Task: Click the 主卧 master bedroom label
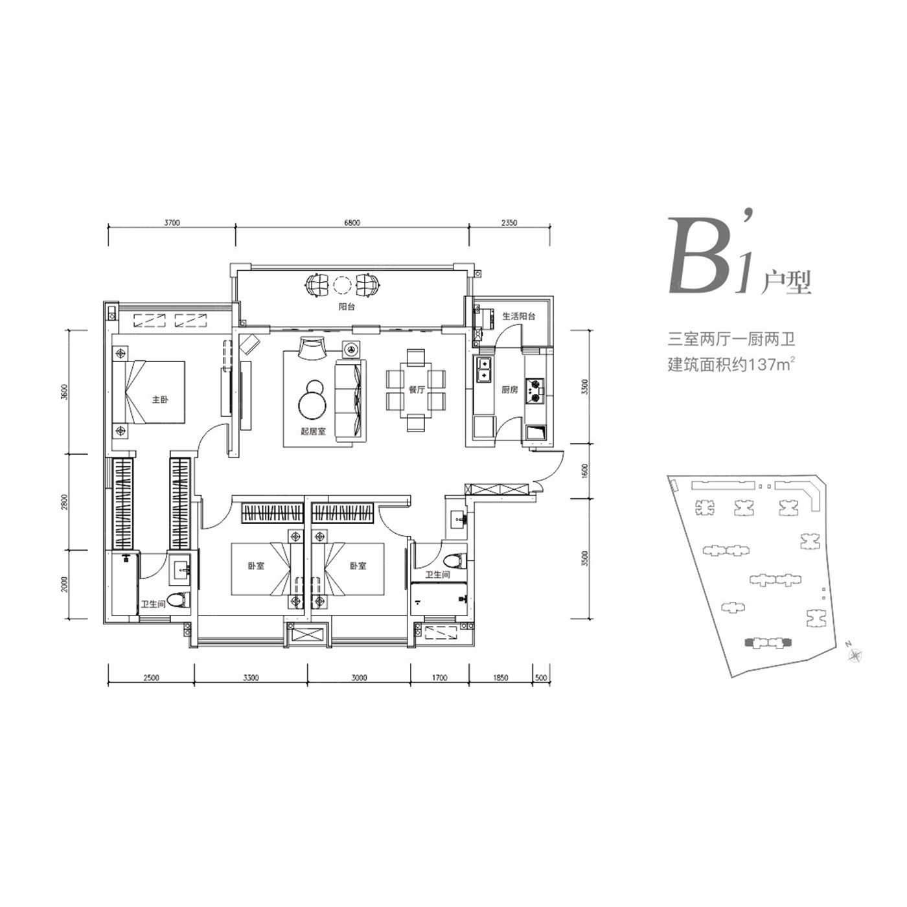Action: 159,400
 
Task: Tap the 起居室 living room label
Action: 313,431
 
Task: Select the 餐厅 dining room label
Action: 417,390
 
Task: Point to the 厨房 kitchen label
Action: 509,390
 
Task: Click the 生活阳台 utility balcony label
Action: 519,316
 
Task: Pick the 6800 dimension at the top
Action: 352,223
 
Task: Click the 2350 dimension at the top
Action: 509,223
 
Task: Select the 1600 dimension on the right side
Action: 585,471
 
